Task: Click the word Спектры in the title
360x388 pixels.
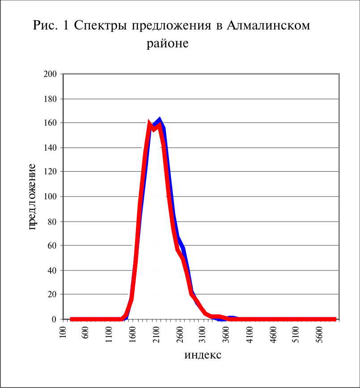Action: [x=101, y=26]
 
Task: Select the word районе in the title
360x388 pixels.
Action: [x=168, y=44]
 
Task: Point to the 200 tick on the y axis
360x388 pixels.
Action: [x=50, y=74]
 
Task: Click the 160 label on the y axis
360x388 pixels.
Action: [x=50, y=122]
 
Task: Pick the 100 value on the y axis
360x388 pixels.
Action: [x=50, y=196]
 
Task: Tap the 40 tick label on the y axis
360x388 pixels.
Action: [x=52, y=270]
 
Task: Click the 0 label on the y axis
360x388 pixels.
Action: [x=54, y=319]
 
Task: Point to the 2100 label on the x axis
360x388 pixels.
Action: [x=157, y=334]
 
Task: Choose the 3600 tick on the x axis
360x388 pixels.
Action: [x=226, y=334]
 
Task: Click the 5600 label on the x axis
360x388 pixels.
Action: [x=320, y=334]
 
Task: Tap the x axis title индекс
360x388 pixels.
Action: [x=203, y=355]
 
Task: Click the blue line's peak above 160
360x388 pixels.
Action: [x=160, y=118]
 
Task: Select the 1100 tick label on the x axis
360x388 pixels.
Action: [x=109, y=334]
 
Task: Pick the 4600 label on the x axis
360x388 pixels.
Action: [x=273, y=334]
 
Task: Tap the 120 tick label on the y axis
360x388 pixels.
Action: [x=50, y=171]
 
